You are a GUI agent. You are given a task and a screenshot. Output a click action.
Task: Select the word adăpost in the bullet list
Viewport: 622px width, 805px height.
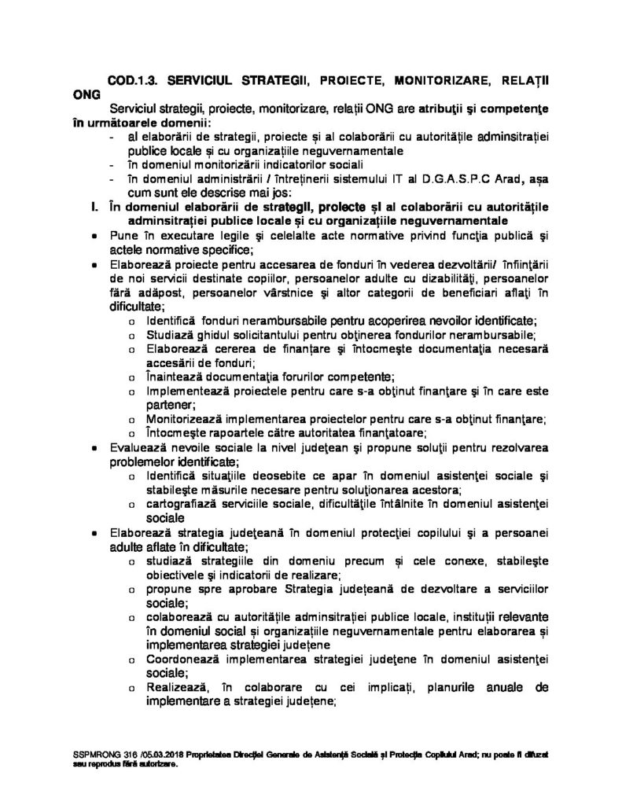pyautogui.click(x=134, y=292)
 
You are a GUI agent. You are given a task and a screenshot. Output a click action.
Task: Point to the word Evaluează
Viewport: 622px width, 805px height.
pyautogui.click(x=139, y=447)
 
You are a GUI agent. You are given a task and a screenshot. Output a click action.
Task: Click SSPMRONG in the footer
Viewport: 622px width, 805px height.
pyautogui.click(x=90, y=754)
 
